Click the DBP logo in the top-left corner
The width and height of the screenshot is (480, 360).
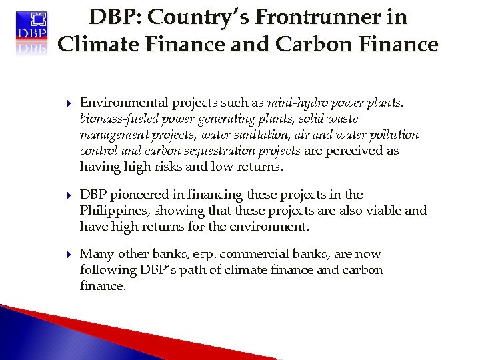click(x=32, y=31)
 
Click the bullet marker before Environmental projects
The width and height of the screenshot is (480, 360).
click(x=69, y=103)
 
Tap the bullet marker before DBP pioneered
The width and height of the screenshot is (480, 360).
click(x=69, y=195)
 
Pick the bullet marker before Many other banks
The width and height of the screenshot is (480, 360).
click(x=69, y=255)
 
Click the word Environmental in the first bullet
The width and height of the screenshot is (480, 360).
click(x=124, y=103)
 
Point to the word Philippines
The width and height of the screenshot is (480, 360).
click(x=112, y=211)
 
